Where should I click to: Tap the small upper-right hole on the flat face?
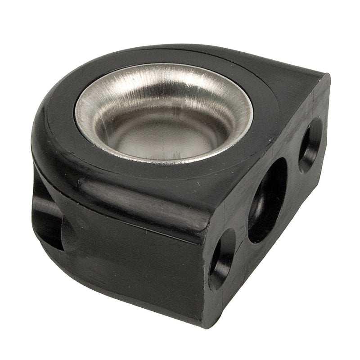(x=310, y=145)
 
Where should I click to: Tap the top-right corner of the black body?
(x=328, y=77)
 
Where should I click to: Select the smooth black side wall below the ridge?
(x=135, y=261)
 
